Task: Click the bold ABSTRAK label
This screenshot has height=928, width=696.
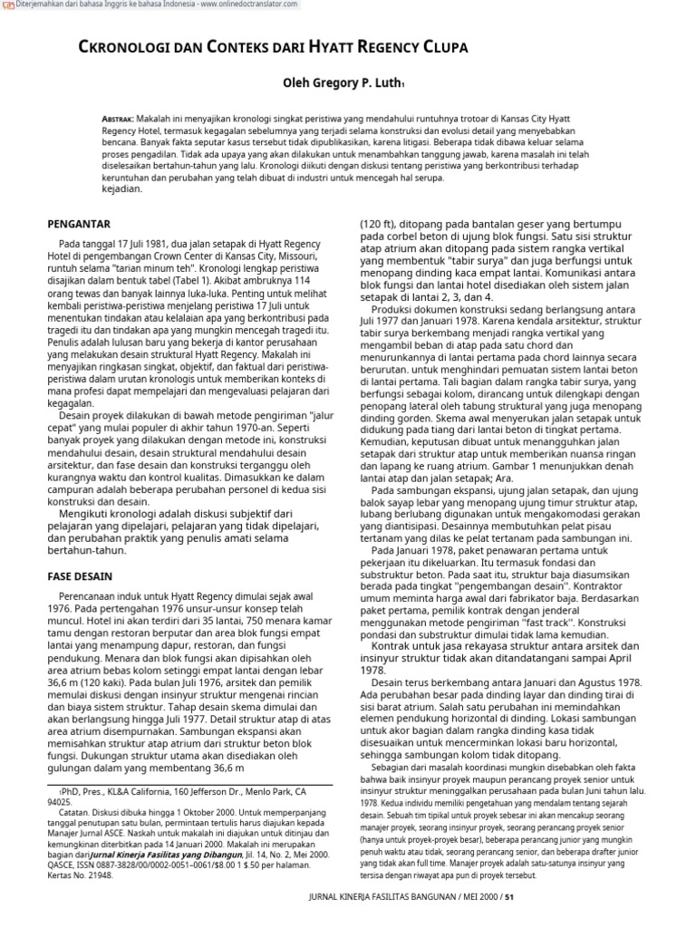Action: pos(118,119)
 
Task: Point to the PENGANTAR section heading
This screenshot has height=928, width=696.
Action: pos(78,223)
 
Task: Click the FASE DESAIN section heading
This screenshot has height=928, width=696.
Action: pos(79,575)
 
